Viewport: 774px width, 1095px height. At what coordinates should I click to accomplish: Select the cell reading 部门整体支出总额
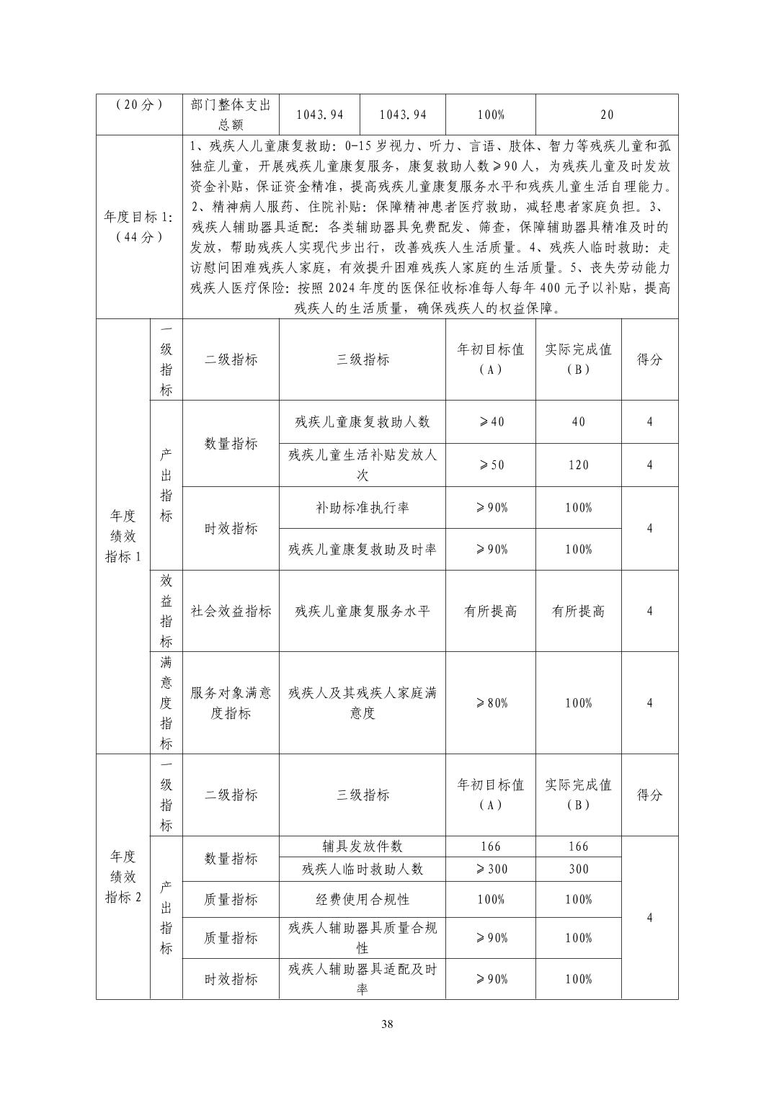231,115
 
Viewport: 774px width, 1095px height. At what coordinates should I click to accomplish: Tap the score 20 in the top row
607,115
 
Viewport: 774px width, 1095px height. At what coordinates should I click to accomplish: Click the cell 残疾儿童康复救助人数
362,422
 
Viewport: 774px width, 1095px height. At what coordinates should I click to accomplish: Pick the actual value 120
578,465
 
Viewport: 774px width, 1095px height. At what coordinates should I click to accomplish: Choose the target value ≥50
490,465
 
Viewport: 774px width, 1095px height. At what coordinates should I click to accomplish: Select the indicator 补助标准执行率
362,507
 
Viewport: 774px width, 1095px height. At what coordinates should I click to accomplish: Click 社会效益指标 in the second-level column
231,611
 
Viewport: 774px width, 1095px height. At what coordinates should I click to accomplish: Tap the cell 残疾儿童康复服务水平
362,611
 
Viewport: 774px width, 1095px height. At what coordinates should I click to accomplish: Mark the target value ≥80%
490,702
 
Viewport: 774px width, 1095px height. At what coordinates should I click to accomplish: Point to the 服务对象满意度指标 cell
231,702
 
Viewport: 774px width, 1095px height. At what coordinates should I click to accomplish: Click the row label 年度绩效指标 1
123,536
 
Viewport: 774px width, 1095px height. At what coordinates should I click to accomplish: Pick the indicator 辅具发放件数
362,846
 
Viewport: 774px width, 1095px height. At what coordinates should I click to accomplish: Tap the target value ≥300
490,869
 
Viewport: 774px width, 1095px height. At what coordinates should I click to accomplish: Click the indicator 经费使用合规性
362,899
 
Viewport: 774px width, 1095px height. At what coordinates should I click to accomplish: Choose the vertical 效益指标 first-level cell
166,611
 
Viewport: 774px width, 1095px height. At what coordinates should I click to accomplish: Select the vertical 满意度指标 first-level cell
166,702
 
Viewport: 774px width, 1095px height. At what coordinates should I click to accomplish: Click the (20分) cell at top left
139,104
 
